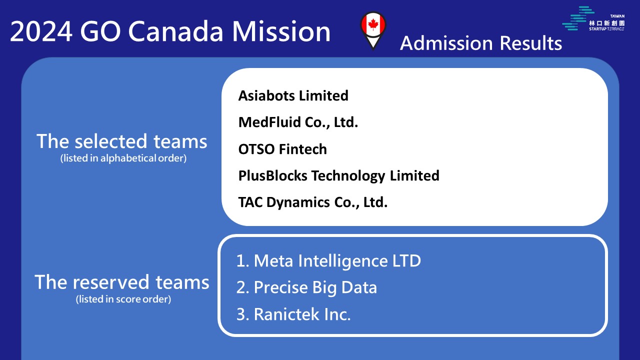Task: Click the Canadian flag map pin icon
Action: click(373, 30)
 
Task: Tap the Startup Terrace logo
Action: click(593, 18)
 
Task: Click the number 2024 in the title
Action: click(41, 31)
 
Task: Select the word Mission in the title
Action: click(281, 31)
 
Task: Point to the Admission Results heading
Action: click(481, 43)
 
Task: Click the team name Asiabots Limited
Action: click(293, 95)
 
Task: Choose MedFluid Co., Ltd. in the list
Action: click(298, 122)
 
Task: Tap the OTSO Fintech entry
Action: click(282, 149)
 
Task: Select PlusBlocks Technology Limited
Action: click(338, 175)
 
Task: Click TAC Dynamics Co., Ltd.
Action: click(313, 202)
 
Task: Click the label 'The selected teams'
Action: click(121, 141)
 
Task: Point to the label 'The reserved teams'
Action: click(121, 282)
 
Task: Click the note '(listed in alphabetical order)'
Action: click(123, 158)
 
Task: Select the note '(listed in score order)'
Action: click(123, 299)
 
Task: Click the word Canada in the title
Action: click(175, 31)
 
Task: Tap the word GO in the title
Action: click(100, 31)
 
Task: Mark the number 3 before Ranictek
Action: click(241, 314)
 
